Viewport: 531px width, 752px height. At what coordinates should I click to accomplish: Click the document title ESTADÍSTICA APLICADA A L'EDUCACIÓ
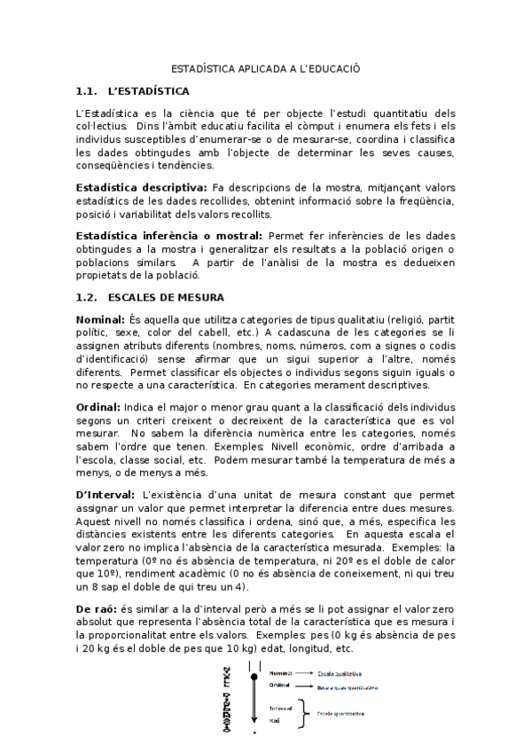click(265, 67)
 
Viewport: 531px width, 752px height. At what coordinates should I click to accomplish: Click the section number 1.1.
click(86, 90)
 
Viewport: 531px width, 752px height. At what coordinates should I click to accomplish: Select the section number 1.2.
click(86, 296)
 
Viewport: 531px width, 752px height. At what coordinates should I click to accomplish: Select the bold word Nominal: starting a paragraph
click(100, 318)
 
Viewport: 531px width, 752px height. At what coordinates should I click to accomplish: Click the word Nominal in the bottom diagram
click(280, 673)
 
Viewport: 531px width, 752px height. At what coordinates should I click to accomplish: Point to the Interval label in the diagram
click(280, 709)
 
